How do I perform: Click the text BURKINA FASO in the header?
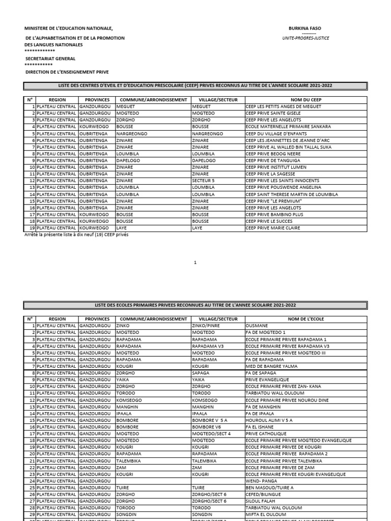[x=305, y=28]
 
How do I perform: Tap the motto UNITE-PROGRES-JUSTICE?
[x=305, y=38]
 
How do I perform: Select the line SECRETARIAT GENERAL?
[x=50, y=59]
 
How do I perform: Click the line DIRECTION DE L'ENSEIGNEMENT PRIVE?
[x=67, y=72]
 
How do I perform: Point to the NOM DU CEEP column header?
[x=305, y=100]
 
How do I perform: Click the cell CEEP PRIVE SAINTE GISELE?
[x=273, y=113]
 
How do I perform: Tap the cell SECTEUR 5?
[x=203, y=181]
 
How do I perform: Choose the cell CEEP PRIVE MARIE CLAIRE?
[x=272, y=228]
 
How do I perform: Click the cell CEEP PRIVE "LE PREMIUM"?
[x=273, y=201]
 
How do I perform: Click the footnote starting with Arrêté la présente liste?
[x=76, y=235]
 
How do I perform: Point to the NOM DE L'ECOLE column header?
[x=305, y=319]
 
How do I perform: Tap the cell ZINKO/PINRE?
[x=206, y=326]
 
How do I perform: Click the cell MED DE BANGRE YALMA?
[x=270, y=366]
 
